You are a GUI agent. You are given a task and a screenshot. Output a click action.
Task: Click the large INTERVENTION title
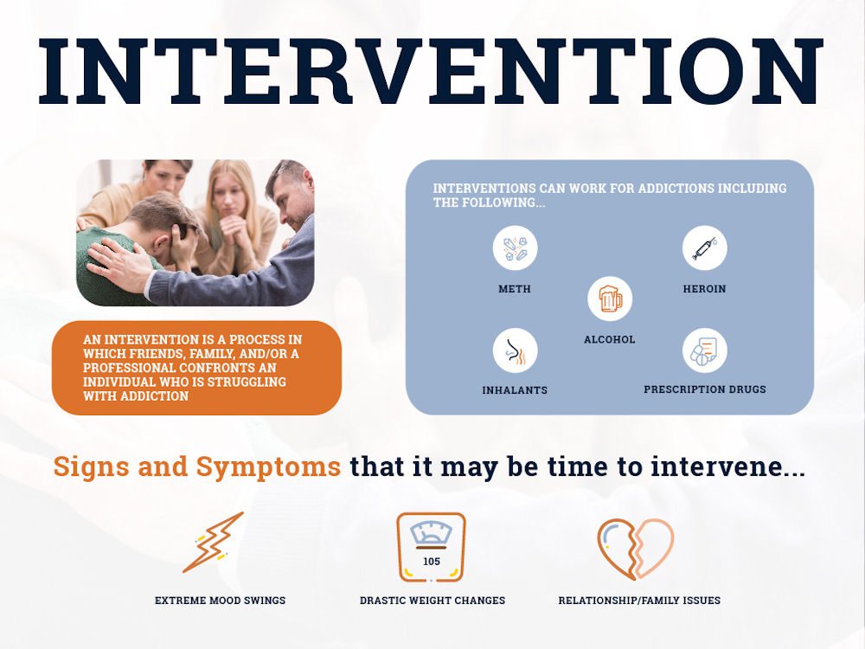(x=430, y=71)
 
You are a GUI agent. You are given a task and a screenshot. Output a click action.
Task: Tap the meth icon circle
(x=515, y=248)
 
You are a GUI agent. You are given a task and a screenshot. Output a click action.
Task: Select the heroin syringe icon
(x=704, y=248)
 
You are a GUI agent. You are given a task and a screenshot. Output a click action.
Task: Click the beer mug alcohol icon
(x=610, y=299)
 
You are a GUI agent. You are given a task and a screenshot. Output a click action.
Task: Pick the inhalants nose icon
(x=515, y=351)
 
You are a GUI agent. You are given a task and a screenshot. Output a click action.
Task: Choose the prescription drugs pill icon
(x=704, y=350)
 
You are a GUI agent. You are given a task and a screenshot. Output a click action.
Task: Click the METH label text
(x=515, y=289)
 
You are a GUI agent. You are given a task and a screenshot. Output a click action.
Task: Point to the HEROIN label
(x=704, y=289)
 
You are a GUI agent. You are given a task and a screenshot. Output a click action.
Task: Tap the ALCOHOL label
(x=610, y=340)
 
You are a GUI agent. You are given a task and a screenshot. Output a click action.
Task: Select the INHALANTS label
(x=515, y=391)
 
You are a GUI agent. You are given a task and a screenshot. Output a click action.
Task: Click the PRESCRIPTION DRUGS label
(x=704, y=389)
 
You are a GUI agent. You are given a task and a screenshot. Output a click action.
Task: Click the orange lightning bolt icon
(x=213, y=543)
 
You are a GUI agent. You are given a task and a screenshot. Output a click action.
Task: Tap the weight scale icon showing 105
(x=431, y=547)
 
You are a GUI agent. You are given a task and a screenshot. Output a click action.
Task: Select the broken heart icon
(x=635, y=548)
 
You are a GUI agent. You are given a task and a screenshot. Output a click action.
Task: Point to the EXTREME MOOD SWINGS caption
(x=220, y=600)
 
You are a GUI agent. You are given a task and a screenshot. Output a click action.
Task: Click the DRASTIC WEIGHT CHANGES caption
(x=432, y=600)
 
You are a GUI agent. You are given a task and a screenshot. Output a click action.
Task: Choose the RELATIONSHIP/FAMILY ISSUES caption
(x=639, y=600)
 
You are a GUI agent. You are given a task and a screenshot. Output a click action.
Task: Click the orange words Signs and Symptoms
(x=196, y=467)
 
